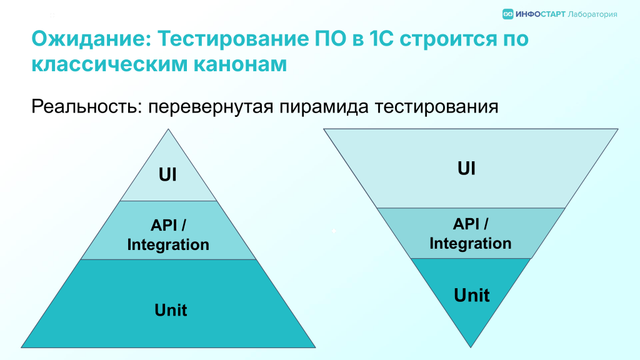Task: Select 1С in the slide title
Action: [x=381, y=39]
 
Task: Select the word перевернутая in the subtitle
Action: [x=210, y=107]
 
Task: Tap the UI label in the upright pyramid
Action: [x=167, y=175]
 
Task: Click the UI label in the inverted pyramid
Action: [x=466, y=168]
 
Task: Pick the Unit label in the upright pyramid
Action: [x=171, y=310]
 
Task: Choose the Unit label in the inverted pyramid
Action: [x=471, y=295]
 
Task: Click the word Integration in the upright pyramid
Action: [x=168, y=244]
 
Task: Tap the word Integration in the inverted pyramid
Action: [x=470, y=243]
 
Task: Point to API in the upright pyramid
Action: [x=164, y=225]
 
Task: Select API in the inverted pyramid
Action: [x=466, y=224]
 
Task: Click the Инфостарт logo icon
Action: [x=507, y=14]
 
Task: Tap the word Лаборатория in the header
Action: [x=592, y=15]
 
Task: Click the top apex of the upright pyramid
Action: [x=168, y=129]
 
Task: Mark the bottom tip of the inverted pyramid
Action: [x=471, y=347]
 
